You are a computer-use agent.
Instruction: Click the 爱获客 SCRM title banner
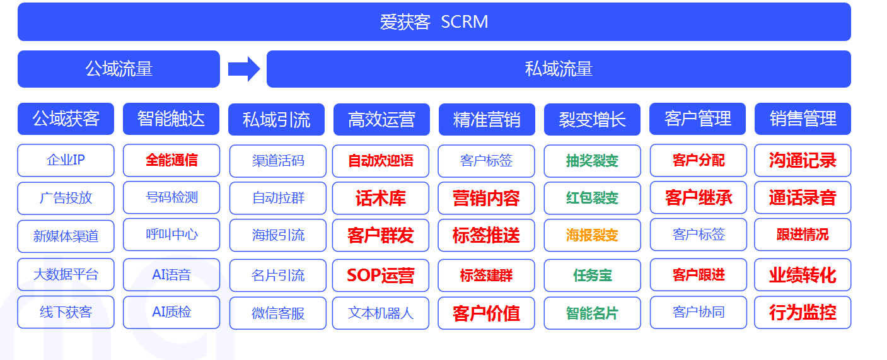coord(434,22)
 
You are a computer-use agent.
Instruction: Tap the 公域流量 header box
coord(119,69)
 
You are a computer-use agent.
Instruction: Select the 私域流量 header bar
coord(559,69)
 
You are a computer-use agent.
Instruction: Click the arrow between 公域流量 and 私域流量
coord(244,69)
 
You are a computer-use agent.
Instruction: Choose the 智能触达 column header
coord(171,119)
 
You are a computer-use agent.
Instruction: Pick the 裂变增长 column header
coord(592,119)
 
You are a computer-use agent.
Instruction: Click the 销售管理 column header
coord(803,119)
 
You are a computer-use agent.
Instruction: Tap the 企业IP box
coord(66,160)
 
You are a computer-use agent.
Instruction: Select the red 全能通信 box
coord(171,160)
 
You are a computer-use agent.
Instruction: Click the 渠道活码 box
coord(278,161)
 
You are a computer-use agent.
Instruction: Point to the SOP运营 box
coord(381,276)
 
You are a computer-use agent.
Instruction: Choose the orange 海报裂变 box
coord(593,235)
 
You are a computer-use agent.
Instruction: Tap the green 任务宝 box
coord(593,276)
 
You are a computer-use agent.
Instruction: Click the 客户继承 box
coord(699,197)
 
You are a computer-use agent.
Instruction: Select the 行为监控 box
coord(803,313)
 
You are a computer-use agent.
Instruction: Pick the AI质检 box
coord(171,313)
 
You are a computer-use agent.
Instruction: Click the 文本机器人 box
coord(381,313)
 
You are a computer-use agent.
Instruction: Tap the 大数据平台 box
coord(66,274)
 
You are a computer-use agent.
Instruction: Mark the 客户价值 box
coord(486,313)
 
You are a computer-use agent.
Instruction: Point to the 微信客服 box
coord(278,313)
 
